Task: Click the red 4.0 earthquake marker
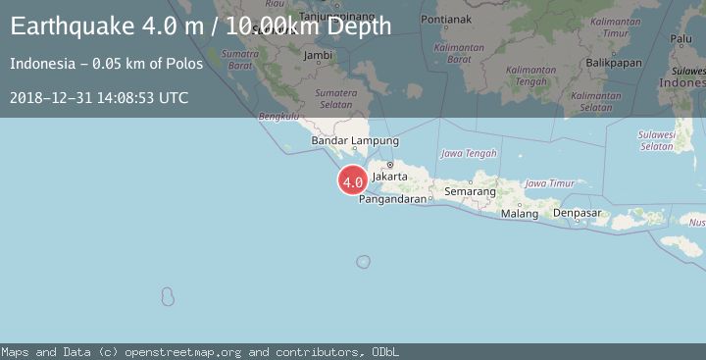pos(353,181)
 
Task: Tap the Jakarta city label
pos(390,177)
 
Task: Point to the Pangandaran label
pos(392,198)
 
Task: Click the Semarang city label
pos(470,191)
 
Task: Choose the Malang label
pos(520,213)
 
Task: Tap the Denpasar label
pos(577,212)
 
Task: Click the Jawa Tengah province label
pos(469,153)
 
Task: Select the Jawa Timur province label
pos(549,183)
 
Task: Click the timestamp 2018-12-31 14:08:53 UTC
pos(99,97)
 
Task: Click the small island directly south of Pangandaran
pos(363,262)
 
